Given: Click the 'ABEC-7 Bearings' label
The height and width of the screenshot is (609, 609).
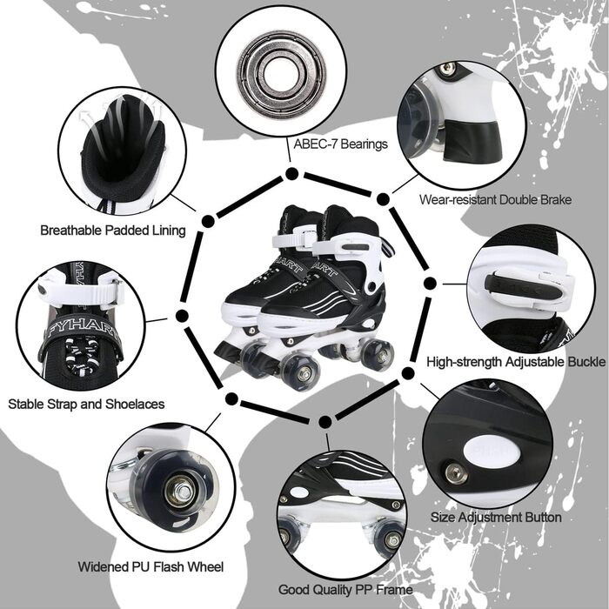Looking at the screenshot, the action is pos(340,144).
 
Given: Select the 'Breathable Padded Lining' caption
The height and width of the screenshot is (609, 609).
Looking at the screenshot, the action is pos(113,231).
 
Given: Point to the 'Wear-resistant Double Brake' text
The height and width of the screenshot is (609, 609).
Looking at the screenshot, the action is pos(495,199).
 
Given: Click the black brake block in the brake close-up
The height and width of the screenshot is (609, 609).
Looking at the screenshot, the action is pos(473,141).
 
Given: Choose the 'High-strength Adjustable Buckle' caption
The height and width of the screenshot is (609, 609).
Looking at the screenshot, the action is pos(516,362).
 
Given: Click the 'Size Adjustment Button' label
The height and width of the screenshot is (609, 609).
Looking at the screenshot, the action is pos(496,518).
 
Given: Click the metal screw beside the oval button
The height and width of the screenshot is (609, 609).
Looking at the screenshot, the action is pos(457,472).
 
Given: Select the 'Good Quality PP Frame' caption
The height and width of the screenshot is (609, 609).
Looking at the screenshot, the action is pos(345,590).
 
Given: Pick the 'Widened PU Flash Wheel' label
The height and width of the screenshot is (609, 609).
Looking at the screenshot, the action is pos(151,566).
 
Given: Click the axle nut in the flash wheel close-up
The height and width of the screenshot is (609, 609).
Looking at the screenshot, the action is pos(179,492).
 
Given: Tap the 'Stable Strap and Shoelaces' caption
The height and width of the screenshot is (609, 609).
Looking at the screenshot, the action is pos(86,404).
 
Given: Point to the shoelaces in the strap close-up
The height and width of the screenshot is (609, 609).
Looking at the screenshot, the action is pos(81,356).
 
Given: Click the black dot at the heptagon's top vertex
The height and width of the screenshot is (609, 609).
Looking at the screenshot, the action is pos(291,174).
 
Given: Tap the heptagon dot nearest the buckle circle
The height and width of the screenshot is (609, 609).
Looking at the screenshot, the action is pos(430,284).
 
